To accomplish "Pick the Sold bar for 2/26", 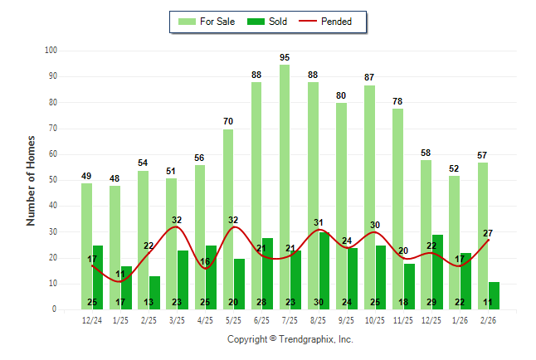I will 494,295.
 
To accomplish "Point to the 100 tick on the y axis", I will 50,51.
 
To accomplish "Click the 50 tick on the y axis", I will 52,180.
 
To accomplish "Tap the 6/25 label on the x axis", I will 262,319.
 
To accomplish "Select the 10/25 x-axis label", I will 375,319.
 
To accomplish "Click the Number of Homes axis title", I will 31,180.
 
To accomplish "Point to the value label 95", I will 285,57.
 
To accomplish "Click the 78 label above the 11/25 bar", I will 397,101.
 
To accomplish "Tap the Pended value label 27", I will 488,233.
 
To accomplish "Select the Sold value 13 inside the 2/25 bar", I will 149,302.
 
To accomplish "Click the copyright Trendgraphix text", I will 290,339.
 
